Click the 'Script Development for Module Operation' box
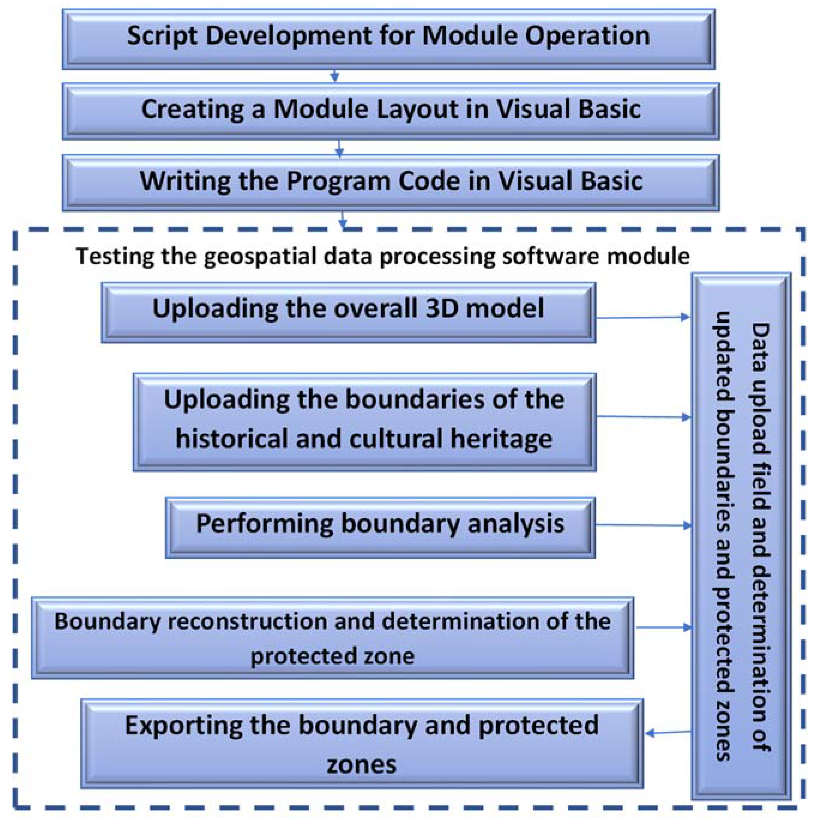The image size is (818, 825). (388, 39)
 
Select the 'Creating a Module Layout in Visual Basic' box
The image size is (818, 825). (390, 111)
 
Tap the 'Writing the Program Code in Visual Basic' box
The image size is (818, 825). (390, 183)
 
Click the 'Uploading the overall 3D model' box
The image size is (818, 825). (348, 312)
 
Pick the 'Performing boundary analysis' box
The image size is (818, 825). (380, 528)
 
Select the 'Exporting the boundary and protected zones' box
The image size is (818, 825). (362, 743)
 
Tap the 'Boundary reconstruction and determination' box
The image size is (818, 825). (332, 638)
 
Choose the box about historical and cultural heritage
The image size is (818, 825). (364, 422)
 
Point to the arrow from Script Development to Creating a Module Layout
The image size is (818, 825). (335, 76)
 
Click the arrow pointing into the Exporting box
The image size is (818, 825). (668, 733)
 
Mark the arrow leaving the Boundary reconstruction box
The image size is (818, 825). (663, 628)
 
